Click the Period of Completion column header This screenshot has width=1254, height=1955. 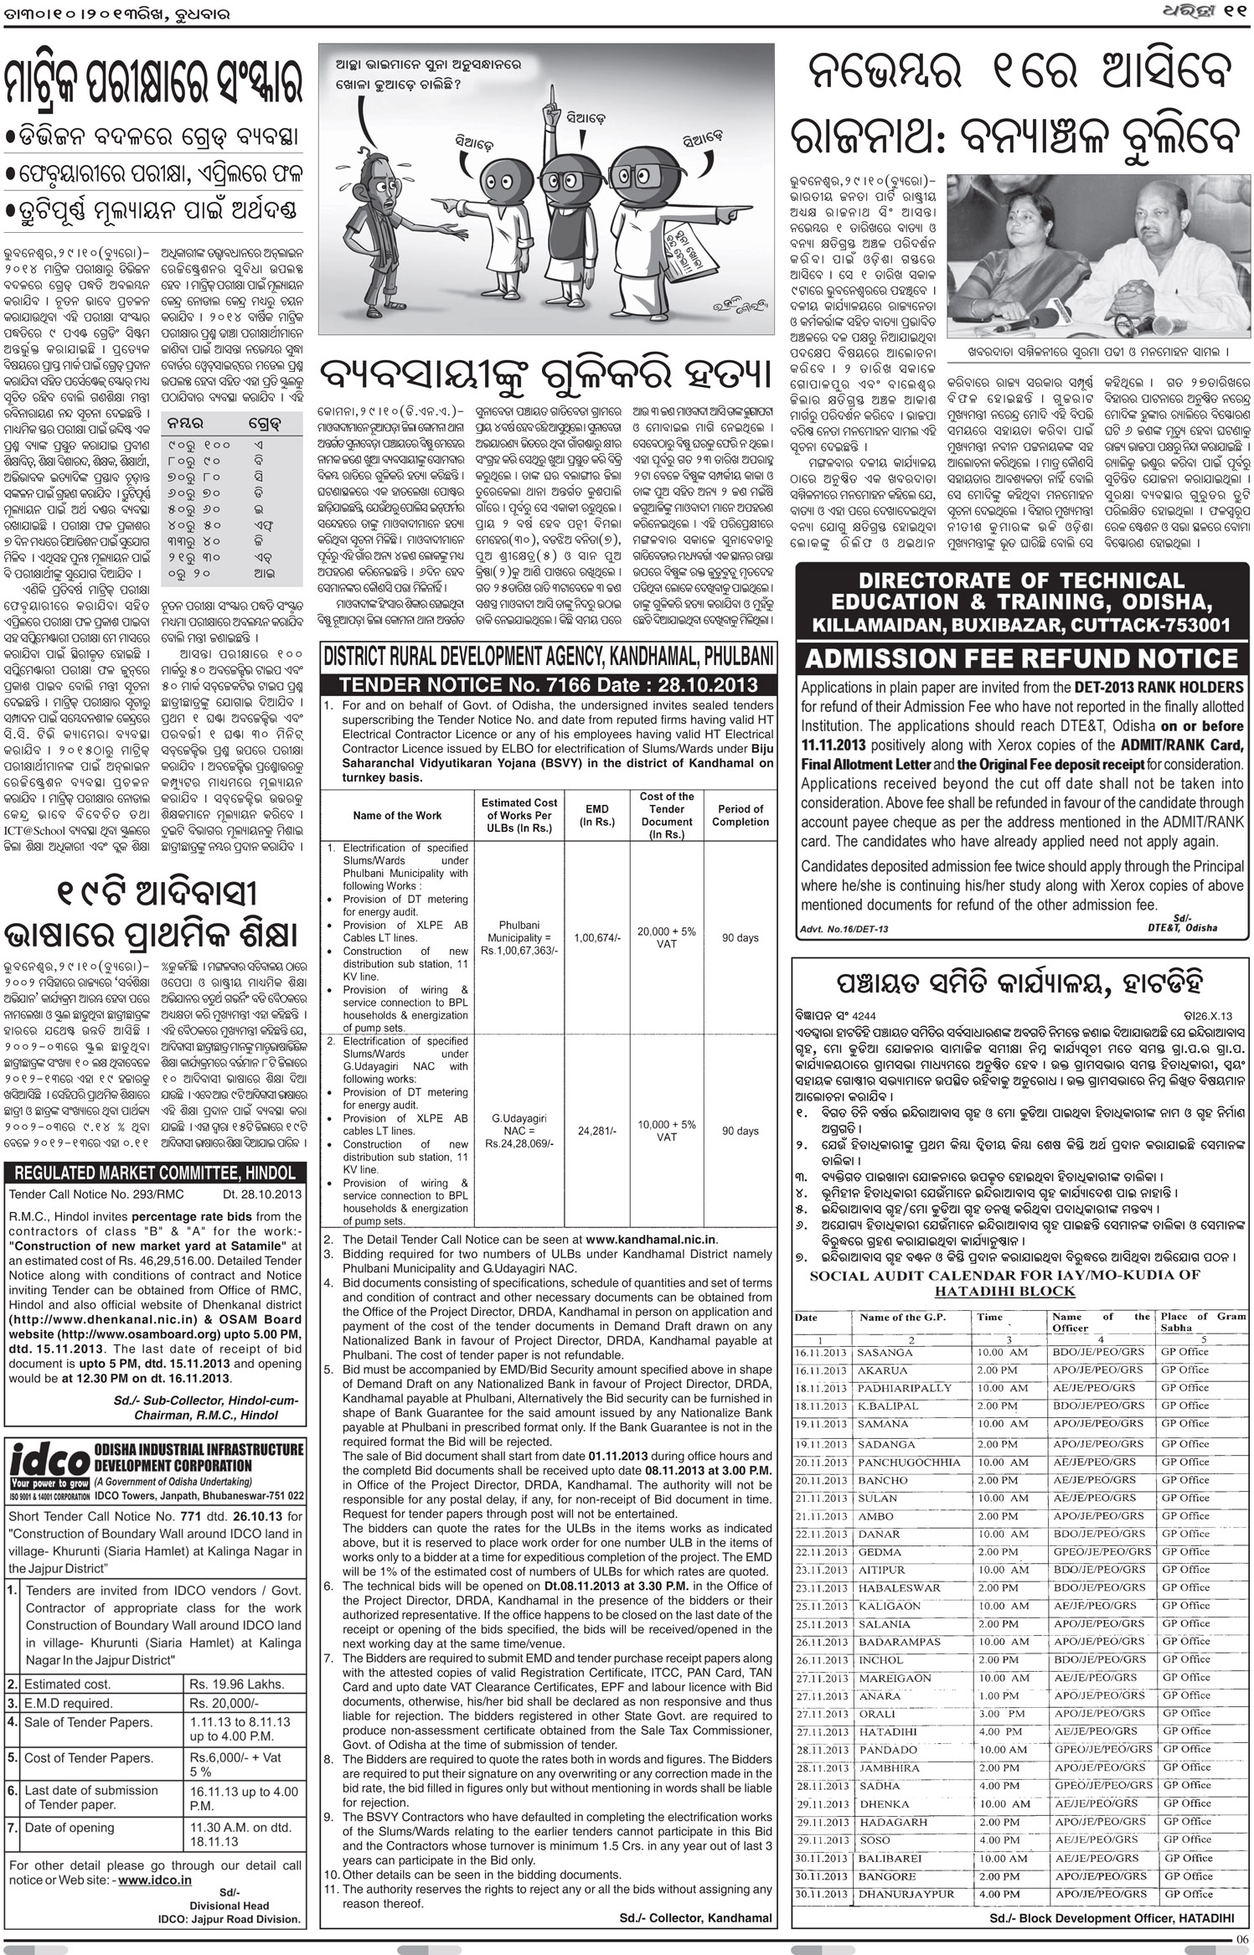(740, 815)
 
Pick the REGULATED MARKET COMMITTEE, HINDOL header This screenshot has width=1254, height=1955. (155, 1172)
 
